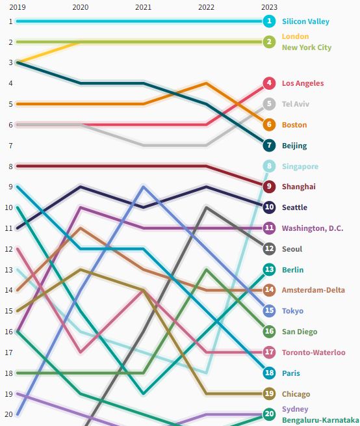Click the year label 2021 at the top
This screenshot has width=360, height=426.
[x=143, y=7]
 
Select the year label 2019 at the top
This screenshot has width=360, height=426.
[x=18, y=7]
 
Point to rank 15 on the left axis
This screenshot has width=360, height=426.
[x=9, y=311]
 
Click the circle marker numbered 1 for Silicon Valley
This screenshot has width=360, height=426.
[x=269, y=21]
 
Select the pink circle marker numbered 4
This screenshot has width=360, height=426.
[x=269, y=83]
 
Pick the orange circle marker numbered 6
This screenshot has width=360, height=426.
[x=269, y=125]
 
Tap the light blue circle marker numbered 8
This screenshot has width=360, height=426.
[x=269, y=166]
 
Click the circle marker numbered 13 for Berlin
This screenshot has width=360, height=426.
[x=269, y=269]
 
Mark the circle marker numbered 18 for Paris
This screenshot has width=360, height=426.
[x=269, y=373]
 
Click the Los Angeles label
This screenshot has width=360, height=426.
[x=302, y=83]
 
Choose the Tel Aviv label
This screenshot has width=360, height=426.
[x=295, y=104]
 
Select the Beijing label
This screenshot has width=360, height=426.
[x=294, y=146]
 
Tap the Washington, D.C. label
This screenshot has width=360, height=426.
[x=313, y=228]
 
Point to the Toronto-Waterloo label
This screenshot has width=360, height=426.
[x=313, y=353]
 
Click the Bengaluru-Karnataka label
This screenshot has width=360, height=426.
[x=320, y=420]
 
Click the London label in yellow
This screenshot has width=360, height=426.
[x=295, y=36]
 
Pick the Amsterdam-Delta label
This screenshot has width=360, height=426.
[x=313, y=290]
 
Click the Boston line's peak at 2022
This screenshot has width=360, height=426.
[x=206, y=83]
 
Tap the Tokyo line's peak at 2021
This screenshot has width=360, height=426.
[x=144, y=187]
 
